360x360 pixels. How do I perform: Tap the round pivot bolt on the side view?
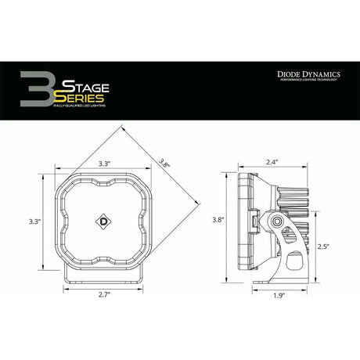pyautogui.click(x=277, y=225)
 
